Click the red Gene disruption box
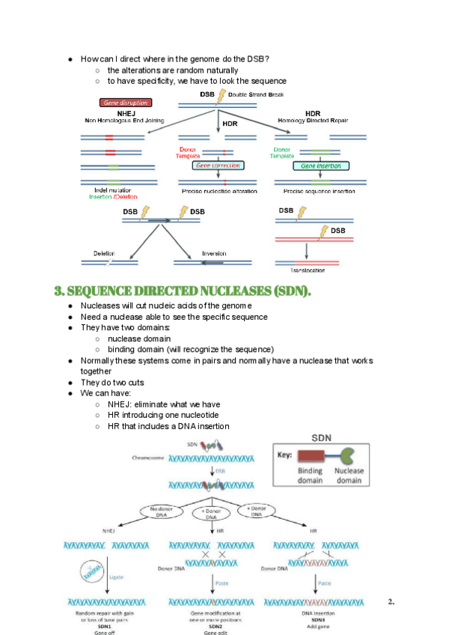click(x=125, y=103)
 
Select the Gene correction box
click(x=219, y=165)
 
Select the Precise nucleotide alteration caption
click(x=219, y=191)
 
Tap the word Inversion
click(x=214, y=253)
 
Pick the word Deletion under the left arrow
click(x=104, y=253)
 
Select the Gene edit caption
click(x=210, y=631)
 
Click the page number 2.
click(x=391, y=601)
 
